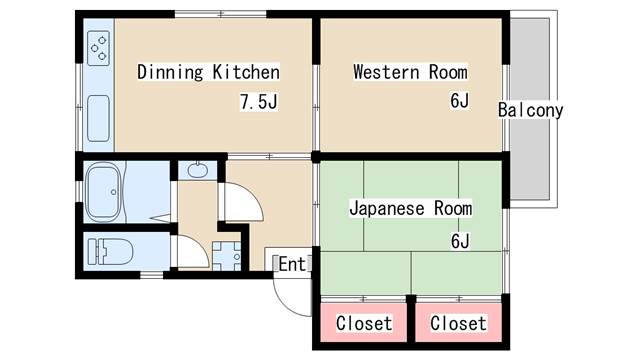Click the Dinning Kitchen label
click(x=208, y=72)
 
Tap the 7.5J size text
click(x=258, y=102)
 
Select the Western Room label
click(x=410, y=72)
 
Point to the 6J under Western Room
click(x=459, y=102)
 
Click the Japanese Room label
click(x=410, y=209)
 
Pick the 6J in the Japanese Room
click(x=459, y=240)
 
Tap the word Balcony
click(x=531, y=110)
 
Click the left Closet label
click(x=364, y=324)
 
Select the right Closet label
click(x=458, y=324)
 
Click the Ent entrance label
click(x=291, y=264)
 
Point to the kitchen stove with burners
click(x=99, y=47)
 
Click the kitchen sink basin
click(x=99, y=118)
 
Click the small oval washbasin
click(x=197, y=169)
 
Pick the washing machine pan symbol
click(x=227, y=254)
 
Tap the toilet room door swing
click(x=190, y=252)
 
